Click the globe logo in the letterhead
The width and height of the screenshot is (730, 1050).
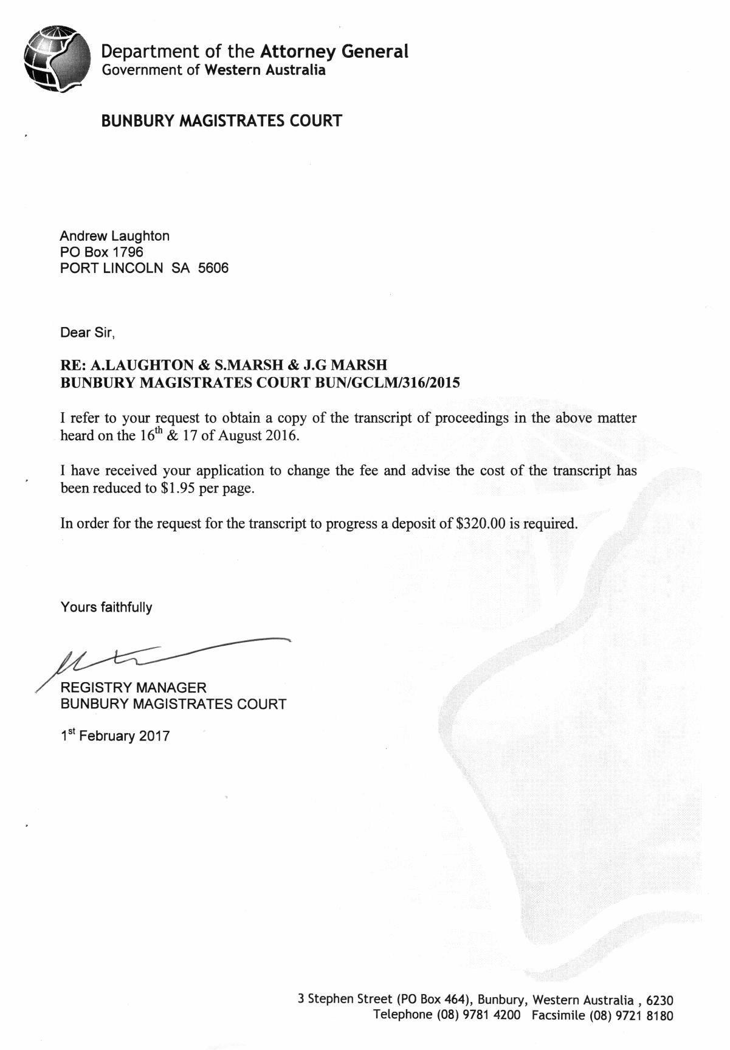tap(56, 58)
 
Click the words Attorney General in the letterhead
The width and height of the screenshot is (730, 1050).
tap(334, 51)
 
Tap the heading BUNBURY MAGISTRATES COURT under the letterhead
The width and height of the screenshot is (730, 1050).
tap(221, 120)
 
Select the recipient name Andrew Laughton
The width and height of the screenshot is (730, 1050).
tap(114, 236)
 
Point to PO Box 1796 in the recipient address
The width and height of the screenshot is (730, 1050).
tap(102, 252)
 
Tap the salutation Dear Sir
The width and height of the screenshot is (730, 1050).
tap(87, 333)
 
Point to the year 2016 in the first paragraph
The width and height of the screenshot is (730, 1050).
tap(281, 436)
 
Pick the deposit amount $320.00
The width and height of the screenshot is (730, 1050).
tap(480, 523)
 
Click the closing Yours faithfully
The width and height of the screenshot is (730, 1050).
tap(106, 607)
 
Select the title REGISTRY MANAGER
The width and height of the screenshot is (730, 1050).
tap(134, 688)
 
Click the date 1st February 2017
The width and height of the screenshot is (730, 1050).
tap(115, 736)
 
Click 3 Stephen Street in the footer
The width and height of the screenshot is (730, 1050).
tap(345, 999)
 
